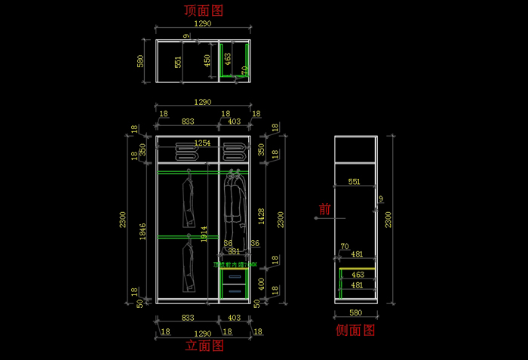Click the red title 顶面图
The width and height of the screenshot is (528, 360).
pyautogui.click(x=204, y=11)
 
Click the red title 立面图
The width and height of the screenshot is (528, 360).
pyautogui.click(x=204, y=346)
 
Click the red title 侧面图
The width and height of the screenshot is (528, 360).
pyautogui.click(x=355, y=331)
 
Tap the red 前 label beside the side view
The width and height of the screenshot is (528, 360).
pyautogui.click(x=325, y=210)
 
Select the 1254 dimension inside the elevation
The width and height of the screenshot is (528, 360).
pyautogui.click(x=203, y=143)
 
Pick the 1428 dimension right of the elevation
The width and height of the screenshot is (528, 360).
pyautogui.click(x=261, y=217)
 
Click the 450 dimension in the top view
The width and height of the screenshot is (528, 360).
pyautogui.click(x=209, y=60)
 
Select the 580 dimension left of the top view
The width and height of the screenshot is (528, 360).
pyautogui.click(x=140, y=60)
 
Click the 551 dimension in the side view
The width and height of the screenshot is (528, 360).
pyautogui.click(x=354, y=182)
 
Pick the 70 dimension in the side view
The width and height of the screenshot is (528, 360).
pyautogui.click(x=344, y=246)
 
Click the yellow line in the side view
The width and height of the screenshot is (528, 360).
pyautogui.click(x=358, y=269)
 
